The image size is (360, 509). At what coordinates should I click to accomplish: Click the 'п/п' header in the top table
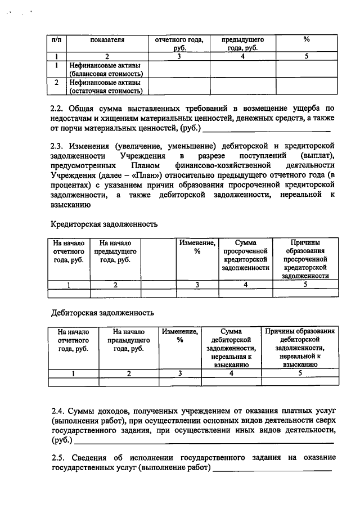point(57,40)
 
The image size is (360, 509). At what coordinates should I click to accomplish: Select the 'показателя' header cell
point(106,40)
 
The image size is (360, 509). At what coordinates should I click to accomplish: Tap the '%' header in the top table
point(307,40)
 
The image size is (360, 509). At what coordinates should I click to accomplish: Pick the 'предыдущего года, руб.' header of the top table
point(242,44)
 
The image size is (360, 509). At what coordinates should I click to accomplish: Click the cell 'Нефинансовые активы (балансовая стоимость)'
point(106,69)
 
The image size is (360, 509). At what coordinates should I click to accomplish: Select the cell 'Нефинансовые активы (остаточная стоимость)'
point(106,86)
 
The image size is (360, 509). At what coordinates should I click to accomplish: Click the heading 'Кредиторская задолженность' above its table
point(104,224)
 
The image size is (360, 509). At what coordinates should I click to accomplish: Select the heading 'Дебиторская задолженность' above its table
point(102,313)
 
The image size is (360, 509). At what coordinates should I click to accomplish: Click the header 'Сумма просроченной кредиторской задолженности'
point(245,255)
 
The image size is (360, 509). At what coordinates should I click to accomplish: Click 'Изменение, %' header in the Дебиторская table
point(180,336)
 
